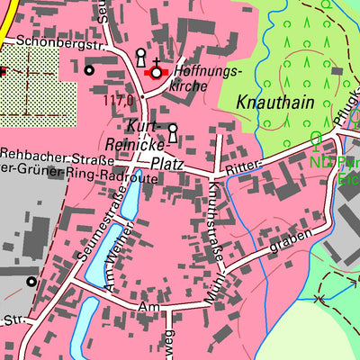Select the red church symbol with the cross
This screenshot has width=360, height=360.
point(157,72)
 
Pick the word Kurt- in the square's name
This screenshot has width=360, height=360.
point(145,124)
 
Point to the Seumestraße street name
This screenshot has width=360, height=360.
point(100,229)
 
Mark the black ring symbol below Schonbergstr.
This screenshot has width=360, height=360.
point(88,69)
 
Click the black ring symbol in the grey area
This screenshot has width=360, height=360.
point(31,282)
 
